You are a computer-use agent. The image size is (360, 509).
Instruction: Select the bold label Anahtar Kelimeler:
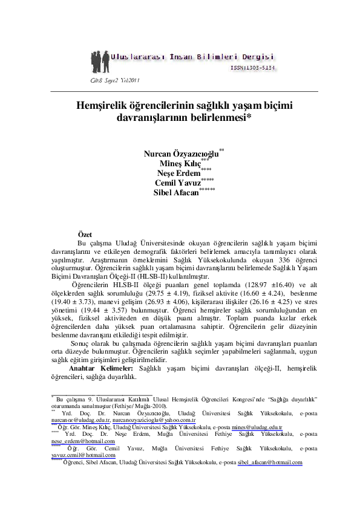[101, 368]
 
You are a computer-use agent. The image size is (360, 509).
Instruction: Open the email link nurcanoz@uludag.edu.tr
[80, 418]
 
